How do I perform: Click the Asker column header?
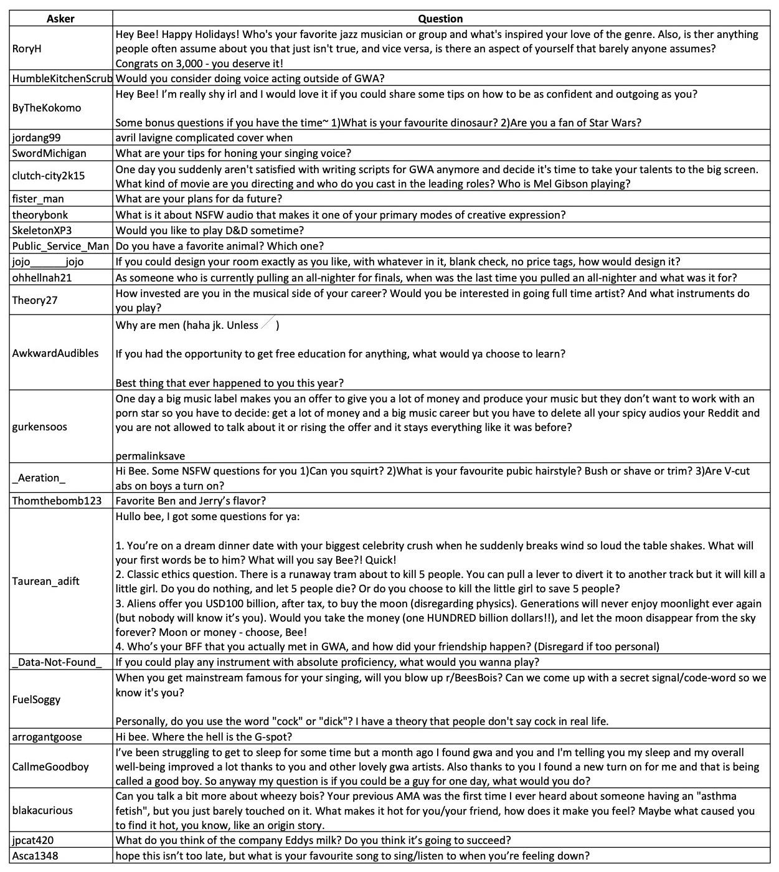point(60,19)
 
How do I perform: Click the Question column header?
point(440,19)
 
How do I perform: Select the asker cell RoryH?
point(27,49)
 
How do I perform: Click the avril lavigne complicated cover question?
point(204,138)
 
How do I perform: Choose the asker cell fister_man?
point(38,199)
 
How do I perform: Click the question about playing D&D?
point(209,230)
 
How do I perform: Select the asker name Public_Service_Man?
point(60,246)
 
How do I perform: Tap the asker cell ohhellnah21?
point(42,278)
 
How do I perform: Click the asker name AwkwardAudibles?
point(55,353)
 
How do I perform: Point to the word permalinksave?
point(150,456)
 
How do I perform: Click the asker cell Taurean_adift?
point(45,581)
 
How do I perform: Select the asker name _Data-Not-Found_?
point(57,662)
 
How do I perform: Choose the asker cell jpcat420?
point(32,841)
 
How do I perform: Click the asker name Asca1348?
point(35,856)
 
